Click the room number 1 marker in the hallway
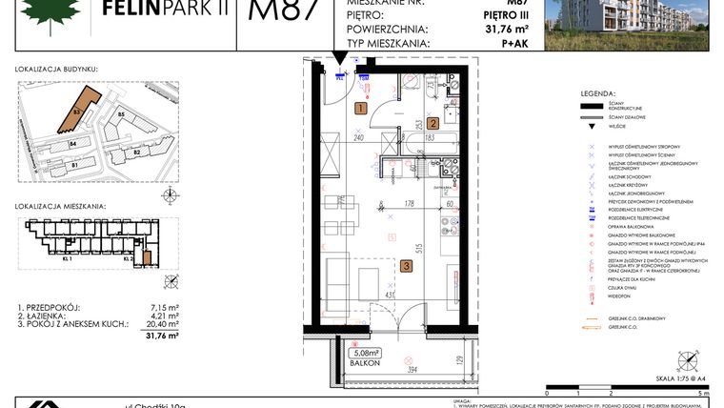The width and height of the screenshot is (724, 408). point(360,109)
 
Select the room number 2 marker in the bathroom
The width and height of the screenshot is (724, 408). point(432,123)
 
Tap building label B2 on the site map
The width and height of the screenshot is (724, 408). point(136,152)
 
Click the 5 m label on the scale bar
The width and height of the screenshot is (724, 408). point(703,392)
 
